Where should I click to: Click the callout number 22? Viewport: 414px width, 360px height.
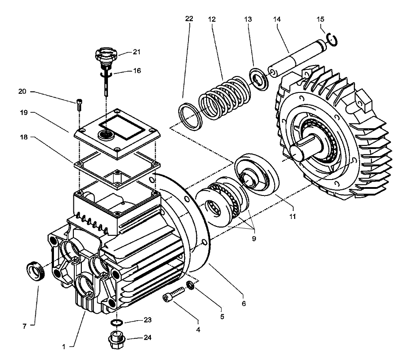click(x=189, y=19)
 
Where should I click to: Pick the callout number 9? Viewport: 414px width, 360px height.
click(x=254, y=238)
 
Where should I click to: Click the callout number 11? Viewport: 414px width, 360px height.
click(x=292, y=217)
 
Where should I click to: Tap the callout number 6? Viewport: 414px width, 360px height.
click(x=244, y=304)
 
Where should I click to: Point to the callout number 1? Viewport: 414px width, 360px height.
click(x=64, y=347)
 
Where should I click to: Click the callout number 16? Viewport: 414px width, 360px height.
click(x=137, y=70)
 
